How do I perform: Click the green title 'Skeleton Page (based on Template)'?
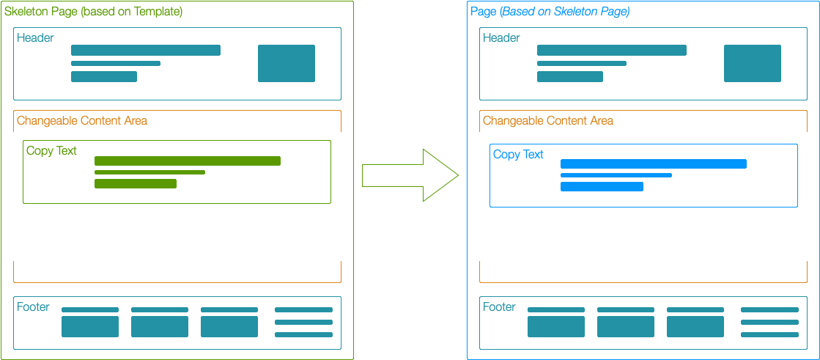[94, 12]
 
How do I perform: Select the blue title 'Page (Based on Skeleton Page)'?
[550, 12]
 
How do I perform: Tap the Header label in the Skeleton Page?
[35, 38]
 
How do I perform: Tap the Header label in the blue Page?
[501, 38]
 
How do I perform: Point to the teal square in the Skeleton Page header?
[287, 63]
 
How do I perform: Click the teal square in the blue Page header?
[753, 63]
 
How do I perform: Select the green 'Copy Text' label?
[51, 151]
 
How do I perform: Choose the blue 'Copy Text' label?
[518, 155]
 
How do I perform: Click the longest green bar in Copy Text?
[188, 161]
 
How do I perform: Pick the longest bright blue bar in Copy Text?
[654, 164]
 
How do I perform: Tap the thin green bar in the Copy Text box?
[149, 172]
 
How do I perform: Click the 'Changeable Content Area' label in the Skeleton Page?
[82, 121]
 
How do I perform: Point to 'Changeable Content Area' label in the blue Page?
[548, 121]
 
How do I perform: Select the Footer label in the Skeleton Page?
[33, 307]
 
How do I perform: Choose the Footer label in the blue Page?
[499, 307]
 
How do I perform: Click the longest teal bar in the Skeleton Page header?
[146, 50]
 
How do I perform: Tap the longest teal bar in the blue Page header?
[612, 50]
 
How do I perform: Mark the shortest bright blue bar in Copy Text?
[602, 187]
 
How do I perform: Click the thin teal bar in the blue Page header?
[582, 64]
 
